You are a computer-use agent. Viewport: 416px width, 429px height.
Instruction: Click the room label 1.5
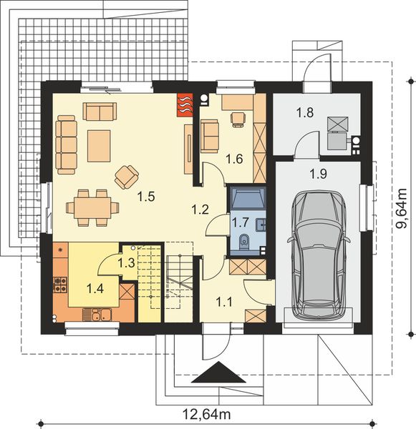click(146, 197)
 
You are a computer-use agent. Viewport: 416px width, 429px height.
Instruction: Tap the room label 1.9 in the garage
click(318, 174)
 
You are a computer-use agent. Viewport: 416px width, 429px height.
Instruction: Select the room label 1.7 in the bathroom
click(241, 222)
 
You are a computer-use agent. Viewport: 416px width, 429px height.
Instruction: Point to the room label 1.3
click(126, 262)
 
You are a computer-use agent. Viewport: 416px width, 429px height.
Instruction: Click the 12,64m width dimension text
click(206, 414)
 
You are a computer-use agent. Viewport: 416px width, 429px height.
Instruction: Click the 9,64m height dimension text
click(402, 209)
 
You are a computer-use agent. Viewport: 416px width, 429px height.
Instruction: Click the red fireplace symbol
click(185, 105)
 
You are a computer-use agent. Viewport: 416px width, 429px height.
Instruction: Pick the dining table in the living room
click(92, 208)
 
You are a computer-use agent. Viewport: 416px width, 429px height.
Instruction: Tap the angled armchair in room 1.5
click(127, 177)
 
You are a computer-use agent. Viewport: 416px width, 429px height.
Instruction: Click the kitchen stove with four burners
click(60, 285)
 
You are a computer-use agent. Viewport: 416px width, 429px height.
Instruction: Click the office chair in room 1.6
click(238, 119)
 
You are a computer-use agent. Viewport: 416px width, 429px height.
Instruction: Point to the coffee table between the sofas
click(99, 146)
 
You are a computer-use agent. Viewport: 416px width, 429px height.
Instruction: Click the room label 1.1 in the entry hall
click(224, 302)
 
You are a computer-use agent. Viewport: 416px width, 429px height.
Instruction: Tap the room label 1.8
click(305, 112)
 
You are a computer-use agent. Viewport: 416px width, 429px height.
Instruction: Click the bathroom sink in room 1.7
click(261, 225)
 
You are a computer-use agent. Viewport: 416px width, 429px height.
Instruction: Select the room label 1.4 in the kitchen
click(95, 288)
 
